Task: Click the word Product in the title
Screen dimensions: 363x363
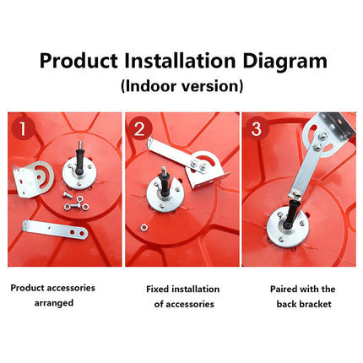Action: click(x=79, y=61)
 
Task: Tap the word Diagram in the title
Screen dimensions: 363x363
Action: click(x=284, y=62)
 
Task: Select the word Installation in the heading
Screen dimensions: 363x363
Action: click(x=180, y=61)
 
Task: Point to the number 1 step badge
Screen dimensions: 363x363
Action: click(x=22, y=128)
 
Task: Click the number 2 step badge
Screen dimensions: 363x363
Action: click(x=139, y=129)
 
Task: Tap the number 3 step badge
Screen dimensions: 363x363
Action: click(x=256, y=128)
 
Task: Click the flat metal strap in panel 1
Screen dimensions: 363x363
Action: click(x=55, y=230)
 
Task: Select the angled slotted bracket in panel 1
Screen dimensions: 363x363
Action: click(x=33, y=179)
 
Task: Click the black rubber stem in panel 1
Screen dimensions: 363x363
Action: click(x=79, y=163)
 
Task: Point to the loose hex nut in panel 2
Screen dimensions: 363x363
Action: click(x=144, y=226)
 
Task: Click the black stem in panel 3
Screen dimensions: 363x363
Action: click(x=290, y=214)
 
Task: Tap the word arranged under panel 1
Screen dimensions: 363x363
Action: click(x=54, y=303)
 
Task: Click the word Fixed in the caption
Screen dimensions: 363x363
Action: click(x=157, y=289)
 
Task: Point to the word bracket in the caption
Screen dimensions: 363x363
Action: click(x=316, y=304)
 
